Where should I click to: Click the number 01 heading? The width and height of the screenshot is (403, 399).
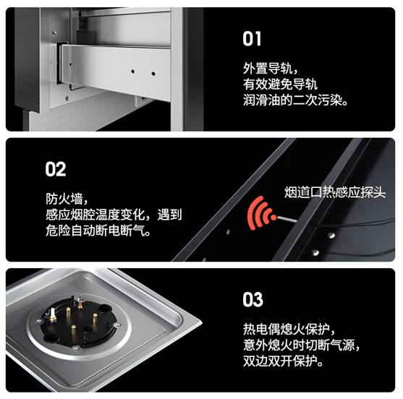click(x=253, y=38)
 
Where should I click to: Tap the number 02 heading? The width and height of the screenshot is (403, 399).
click(x=56, y=170)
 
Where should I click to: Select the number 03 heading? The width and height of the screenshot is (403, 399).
click(x=253, y=299)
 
